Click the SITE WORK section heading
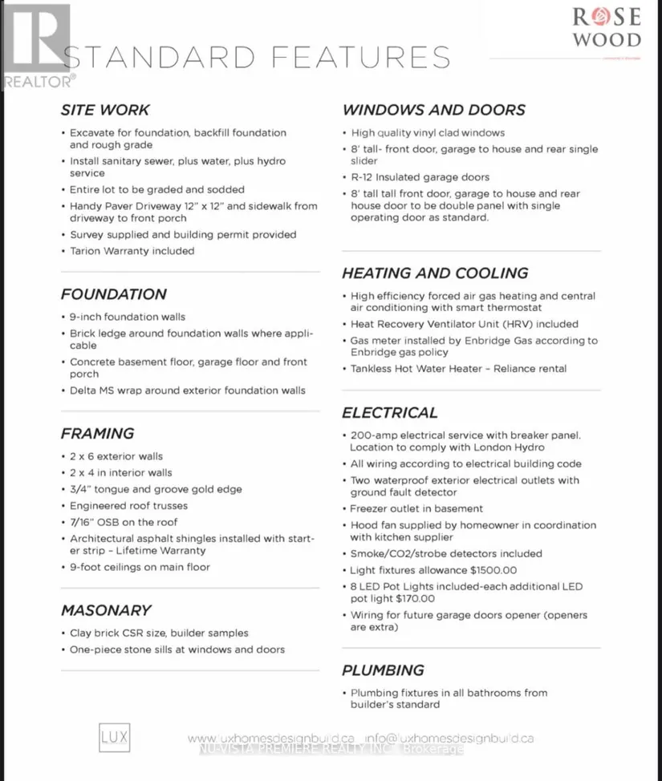(x=105, y=110)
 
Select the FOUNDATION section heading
(x=114, y=294)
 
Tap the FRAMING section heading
(x=97, y=434)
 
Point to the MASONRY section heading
(x=106, y=610)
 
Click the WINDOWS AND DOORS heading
(x=434, y=110)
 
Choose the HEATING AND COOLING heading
(x=435, y=273)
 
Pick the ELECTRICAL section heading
(x=390, y=413)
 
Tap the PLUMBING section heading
(x=383, y=670)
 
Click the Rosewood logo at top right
(x=606, y=28)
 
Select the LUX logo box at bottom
(x=114, y=738)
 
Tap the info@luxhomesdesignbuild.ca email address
(x=449, y=738)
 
